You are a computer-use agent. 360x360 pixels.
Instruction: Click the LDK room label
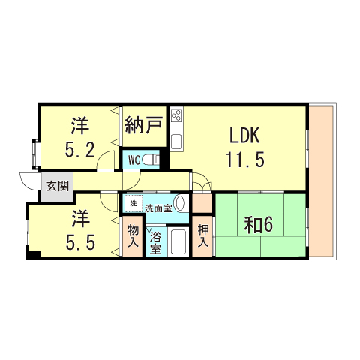(244, 136)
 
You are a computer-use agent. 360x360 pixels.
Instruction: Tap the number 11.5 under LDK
(244, 159)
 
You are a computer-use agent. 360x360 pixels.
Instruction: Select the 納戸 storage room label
(144, 124)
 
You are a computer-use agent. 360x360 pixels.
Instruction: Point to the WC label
(133, 160)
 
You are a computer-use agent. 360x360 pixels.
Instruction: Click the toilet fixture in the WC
(152, 159)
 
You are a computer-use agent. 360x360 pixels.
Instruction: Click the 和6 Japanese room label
(259, 224)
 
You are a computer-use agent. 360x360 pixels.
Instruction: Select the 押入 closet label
(202, 236)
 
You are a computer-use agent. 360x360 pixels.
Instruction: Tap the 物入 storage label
(133, 236)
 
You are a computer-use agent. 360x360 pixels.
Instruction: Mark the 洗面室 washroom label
(157, 207)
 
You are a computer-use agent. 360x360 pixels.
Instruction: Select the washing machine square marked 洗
(133, 204)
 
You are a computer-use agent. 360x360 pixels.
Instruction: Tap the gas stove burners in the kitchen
(178, 116)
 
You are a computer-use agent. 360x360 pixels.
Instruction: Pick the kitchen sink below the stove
(178, 141)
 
